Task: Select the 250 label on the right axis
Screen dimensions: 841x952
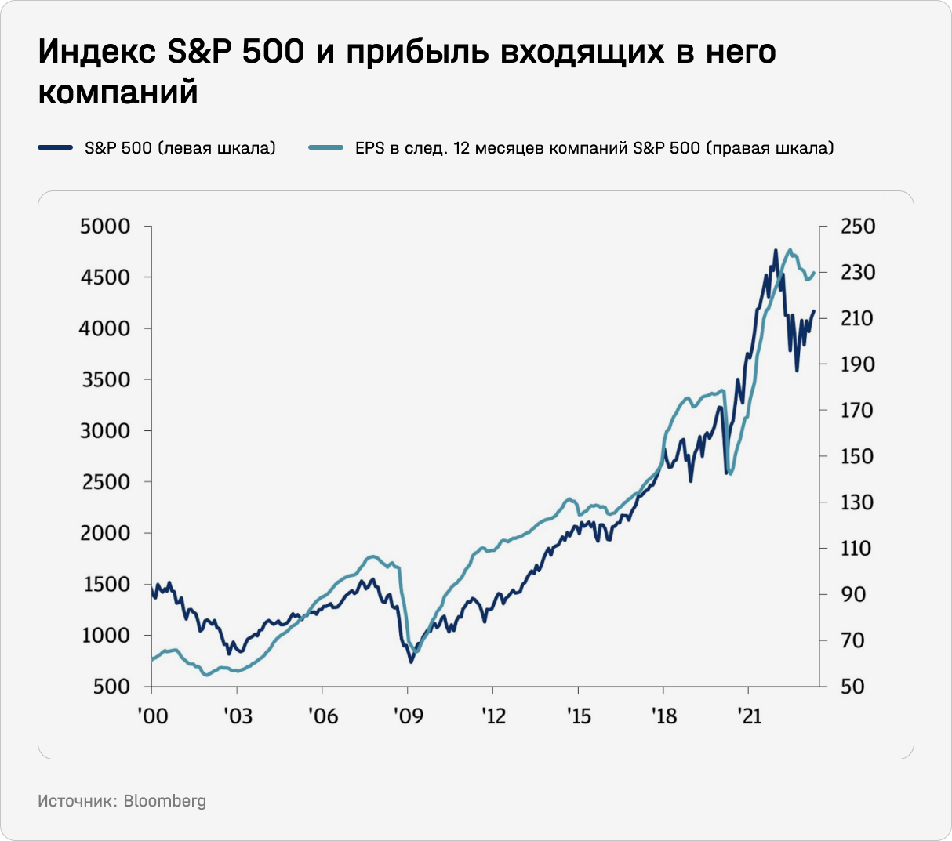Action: [857, 227]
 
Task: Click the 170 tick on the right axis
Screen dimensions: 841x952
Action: [857, 410]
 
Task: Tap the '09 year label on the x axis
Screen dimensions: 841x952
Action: [407, 716]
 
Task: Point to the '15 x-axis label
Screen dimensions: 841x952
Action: [578, 716]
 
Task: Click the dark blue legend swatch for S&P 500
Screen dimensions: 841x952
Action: [55, 147]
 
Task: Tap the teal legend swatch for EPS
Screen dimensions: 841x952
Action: [325, 147]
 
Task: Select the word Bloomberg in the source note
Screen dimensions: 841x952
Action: [165, 801]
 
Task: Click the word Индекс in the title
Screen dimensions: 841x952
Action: [96, 53]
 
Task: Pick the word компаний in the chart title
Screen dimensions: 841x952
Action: [118, 92]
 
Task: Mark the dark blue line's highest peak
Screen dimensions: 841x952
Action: [775, 251]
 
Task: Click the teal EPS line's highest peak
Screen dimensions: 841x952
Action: [790, 250]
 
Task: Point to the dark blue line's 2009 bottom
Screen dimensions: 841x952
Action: [411, 662]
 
